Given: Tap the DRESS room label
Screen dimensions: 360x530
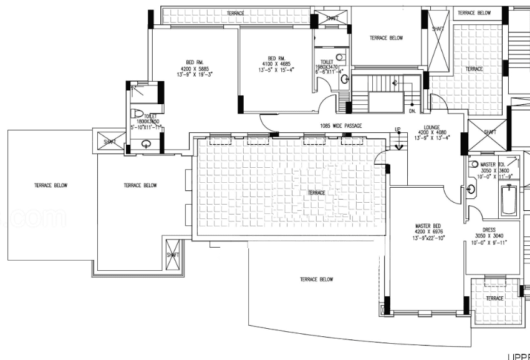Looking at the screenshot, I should [x=488, y=230].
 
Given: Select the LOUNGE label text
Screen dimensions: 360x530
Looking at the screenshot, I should [x=431, y=127].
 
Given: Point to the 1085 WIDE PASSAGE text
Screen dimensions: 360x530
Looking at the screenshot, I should [x=340, y=126].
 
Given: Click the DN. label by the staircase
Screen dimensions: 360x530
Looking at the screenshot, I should [x=412, y=112].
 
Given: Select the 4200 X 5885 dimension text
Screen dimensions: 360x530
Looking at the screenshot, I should [x=194, y=68].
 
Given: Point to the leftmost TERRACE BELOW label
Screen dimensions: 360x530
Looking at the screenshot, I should [x=51, y=185].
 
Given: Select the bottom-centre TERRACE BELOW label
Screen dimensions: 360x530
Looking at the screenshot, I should [x=316, y=280].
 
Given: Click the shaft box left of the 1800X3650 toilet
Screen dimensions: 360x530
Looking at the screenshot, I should [x=110, y=142].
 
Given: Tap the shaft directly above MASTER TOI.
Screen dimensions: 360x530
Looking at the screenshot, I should [x=489, y=132].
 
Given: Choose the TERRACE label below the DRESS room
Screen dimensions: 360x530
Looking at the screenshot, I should [x=494, y=299].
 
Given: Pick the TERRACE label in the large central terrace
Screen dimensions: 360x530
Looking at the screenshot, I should [x=316, y=193].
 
